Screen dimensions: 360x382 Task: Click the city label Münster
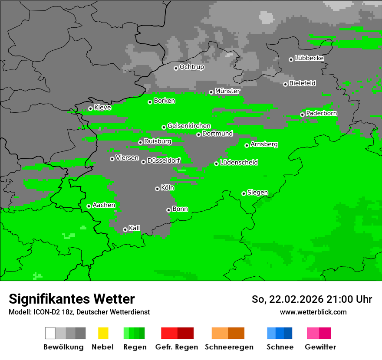[227, 91]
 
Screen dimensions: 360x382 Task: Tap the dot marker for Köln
[157, 189]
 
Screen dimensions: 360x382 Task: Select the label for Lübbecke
[309, 58]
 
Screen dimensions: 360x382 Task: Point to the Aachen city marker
[89, 206]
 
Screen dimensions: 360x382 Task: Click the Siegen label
[257, 193]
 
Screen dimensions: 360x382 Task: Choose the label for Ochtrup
[191, 67]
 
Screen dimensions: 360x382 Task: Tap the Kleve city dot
[90, 109]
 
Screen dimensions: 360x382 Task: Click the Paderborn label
[321, 113]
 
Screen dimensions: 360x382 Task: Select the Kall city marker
[125, 229]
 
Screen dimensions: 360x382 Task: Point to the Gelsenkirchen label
[189, 126]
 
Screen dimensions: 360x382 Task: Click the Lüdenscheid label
[239, 163]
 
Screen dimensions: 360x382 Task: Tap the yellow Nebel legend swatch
[103, 333]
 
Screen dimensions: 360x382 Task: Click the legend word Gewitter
[320, 347]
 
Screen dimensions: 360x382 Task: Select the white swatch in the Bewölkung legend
[50, 333]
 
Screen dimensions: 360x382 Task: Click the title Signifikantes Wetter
[72, 299]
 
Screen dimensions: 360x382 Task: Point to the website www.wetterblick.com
[313, 312]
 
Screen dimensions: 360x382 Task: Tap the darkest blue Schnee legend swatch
[288, 333]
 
